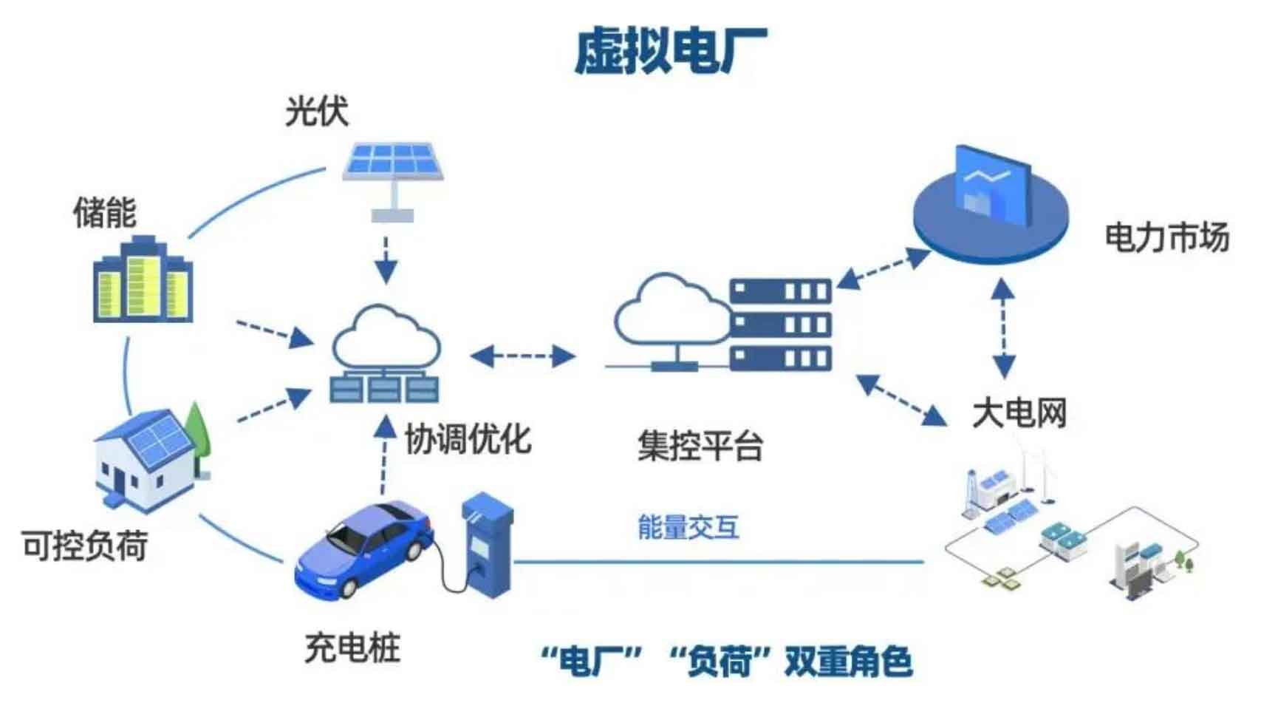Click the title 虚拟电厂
tap(671, 52)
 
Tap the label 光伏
tap(317, 111)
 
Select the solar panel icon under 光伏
tap(394, 181)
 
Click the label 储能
tap(105, 212)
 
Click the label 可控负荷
tap(85, 546)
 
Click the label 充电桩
tap(352, 648)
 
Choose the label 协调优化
tap(468, 439)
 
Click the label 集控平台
tap(700, 446)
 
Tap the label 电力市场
tap(1167, 237)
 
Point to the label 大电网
tap(1019, 413)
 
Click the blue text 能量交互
tap(688, 526)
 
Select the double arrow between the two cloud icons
tap(523, 356)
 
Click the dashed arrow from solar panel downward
tap(386, 260)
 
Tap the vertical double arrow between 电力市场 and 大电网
tap(1003, 328)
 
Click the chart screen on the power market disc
tap(994, 186)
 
